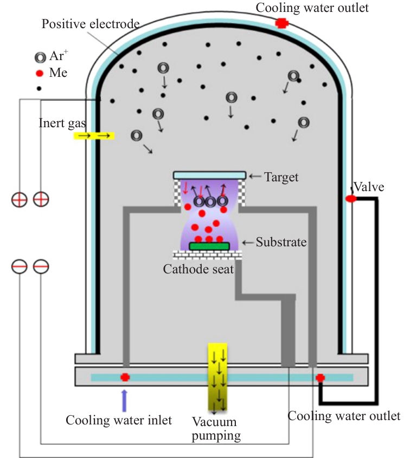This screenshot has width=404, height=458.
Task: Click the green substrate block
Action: (209, 246)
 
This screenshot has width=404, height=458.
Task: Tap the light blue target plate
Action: (209, 175)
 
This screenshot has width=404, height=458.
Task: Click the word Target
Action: (281, 178)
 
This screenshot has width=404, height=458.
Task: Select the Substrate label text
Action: (281, 242)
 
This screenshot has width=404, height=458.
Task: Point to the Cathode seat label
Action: (198, 269)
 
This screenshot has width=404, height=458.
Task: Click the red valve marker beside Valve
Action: (351, 199)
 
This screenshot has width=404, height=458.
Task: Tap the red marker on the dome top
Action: (282, 23)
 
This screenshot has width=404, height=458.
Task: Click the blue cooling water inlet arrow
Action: (125, 401)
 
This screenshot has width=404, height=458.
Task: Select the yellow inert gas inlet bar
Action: (94, 136)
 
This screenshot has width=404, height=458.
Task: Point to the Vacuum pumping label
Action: (216, 429)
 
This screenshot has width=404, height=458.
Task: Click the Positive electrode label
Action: (91, 24)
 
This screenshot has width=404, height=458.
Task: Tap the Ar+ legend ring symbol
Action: (40, 57)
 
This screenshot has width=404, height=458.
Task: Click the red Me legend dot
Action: (40, 73)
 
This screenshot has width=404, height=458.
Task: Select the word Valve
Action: (369, 187)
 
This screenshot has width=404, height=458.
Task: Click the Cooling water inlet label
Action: (119, 420)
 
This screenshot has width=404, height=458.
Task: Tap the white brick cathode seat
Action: (207, 254)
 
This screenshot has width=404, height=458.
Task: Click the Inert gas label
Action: (62, 123)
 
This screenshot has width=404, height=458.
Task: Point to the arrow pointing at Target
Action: (255, 176)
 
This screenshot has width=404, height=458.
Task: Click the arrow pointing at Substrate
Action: (248, 243)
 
